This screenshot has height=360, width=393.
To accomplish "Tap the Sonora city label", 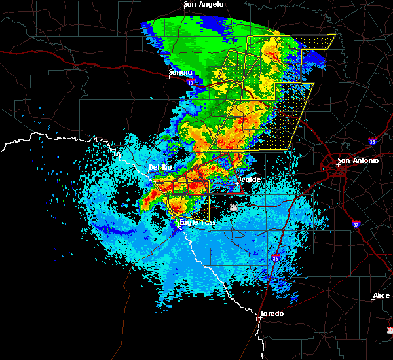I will [180, 72].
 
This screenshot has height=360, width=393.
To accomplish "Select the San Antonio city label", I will [358, 160].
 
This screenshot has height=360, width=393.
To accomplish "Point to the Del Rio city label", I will [160, 167].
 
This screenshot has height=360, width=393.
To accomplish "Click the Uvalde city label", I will [250, 179].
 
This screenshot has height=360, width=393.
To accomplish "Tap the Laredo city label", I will [272, 314].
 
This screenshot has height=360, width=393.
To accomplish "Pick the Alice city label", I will [381, 296].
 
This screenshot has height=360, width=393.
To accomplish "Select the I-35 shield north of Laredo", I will [276, 259].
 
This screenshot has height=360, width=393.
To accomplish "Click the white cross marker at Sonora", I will [169, 77].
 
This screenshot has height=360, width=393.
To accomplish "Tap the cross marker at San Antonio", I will [338, 165].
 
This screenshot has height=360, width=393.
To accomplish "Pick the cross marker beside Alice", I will [372, 300].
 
